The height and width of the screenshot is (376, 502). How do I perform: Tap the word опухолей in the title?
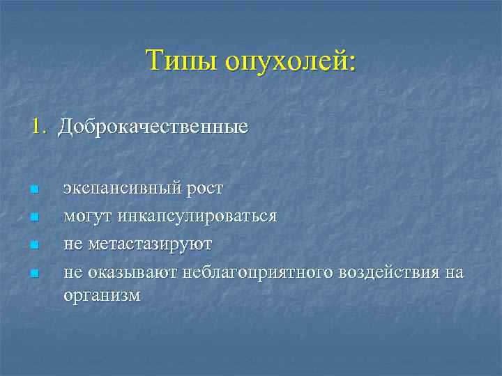(x=290, y=61)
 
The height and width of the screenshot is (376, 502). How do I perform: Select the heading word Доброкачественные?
(x=153, y=127)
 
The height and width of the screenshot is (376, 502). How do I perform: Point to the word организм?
(x=102, y=295)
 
